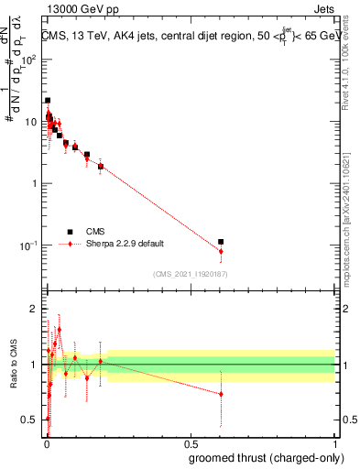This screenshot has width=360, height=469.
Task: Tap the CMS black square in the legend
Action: tap(70, 232)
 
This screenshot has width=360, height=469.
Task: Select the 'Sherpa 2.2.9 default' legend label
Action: tap(125, 245)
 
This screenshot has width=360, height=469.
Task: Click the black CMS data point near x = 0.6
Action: tap(221, 242)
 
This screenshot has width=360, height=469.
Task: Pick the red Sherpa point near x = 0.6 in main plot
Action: tap(221, 251)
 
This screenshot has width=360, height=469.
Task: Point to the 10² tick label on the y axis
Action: tap(29, 60)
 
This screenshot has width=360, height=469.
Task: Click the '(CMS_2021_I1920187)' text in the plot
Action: tap(191, 272)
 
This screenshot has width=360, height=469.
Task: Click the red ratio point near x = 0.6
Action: tap(221, 394)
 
